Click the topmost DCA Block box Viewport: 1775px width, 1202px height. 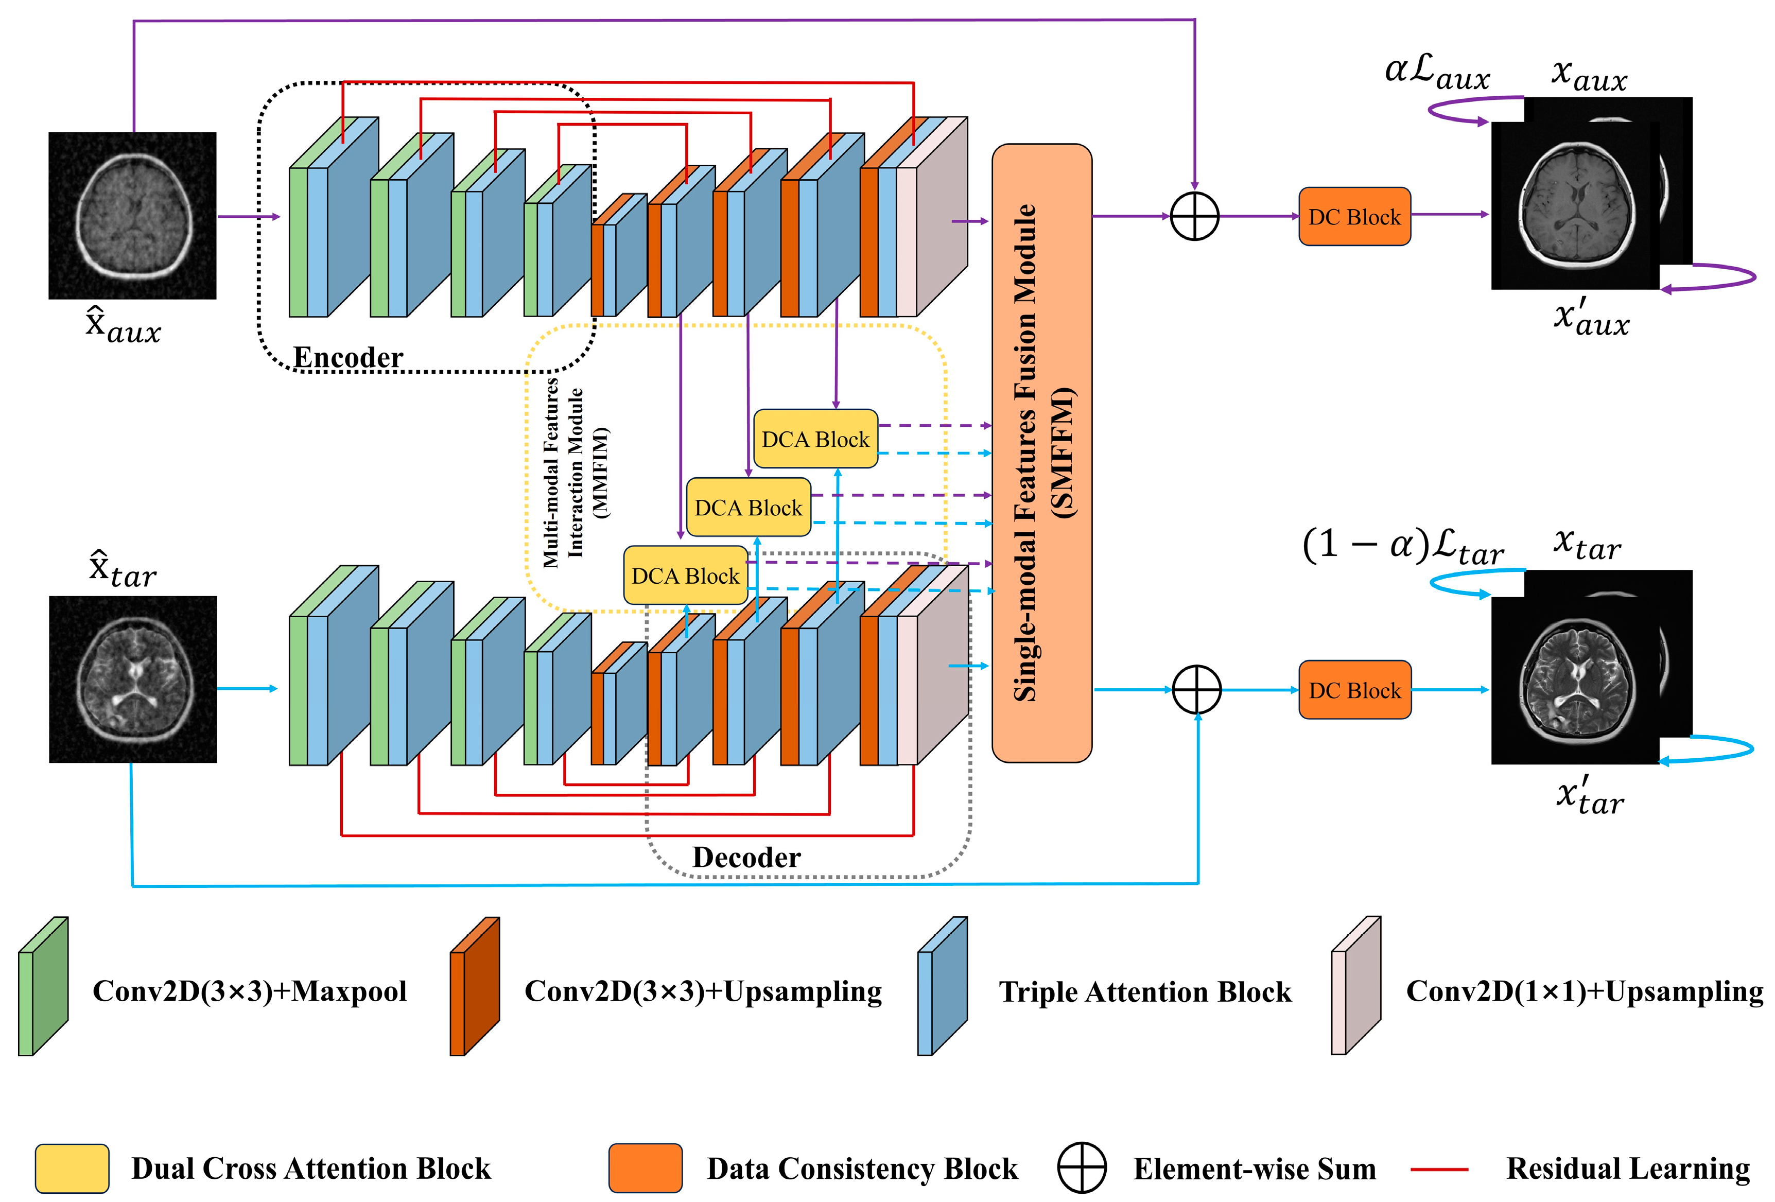815,439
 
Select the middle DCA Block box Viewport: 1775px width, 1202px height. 749,508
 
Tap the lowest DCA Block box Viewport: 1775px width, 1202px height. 685,576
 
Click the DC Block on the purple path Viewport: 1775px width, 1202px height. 1354,217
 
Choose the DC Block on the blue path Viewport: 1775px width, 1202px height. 1354,690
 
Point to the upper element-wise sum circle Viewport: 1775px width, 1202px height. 1194,216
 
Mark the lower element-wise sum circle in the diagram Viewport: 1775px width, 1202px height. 1197,690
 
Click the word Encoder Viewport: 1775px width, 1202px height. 349,357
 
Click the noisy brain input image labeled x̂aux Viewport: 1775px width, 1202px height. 132,215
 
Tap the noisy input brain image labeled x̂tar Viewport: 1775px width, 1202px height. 133,680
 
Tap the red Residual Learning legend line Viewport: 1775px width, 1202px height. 1439,1169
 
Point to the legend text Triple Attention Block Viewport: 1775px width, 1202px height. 1145,992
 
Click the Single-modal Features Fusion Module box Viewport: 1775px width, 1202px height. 1042,453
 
